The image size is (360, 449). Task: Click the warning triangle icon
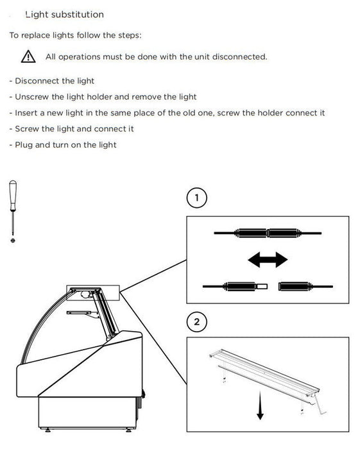[x=28, y=56]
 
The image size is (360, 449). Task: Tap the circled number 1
[x=196, y=198]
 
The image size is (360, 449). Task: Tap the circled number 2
[x=196, y=322]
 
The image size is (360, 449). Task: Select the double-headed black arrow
[x=268, y=260]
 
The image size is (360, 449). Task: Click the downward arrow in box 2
[x=260, y=406]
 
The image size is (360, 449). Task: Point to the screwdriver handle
[x=13, y=195]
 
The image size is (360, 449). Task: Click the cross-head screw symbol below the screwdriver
[x=13, y=241]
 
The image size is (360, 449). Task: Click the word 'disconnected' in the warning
[x=239, y=56]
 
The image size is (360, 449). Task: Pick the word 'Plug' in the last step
[x=24, y=145]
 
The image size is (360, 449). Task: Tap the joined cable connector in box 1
[x=268, y=233]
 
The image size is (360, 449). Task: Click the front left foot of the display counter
[x=47, y=430]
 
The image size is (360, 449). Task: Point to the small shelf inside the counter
[x=80, y=312]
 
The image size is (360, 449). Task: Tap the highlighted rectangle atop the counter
[x=93, y=292]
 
